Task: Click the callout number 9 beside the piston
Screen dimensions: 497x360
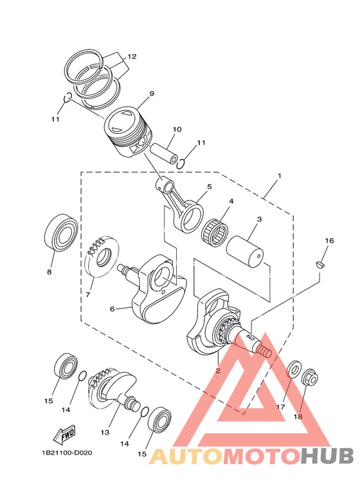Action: (151, 94)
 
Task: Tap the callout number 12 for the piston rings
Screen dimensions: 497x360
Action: (131, 57)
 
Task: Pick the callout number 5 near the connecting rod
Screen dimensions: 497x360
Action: (209, 187)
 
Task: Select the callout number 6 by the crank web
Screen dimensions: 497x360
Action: (112, 309)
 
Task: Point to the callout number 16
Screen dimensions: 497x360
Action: (328, 240)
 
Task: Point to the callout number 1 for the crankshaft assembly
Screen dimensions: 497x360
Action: (280, 176)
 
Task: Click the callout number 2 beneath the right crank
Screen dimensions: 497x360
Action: (218, 371)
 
